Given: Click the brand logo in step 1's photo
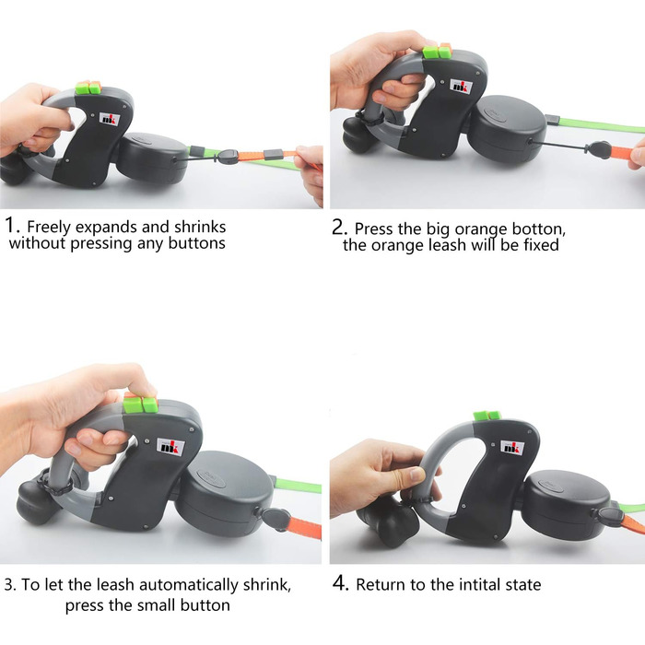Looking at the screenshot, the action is (x=110, y=119).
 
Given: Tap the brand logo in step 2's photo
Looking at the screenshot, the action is (x=461, y=87).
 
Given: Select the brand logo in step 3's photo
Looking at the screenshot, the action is (x=170, y=446).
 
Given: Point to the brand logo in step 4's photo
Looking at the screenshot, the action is (x=512, y=447).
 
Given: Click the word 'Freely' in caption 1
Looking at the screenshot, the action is (x=49, y=228).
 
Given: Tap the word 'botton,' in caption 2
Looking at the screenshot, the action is (x=538, y=229).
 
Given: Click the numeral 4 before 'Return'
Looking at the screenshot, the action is (x=340, y=583).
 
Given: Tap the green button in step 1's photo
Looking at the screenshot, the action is (x=83, y=88).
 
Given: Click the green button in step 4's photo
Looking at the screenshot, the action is (x=481, y=416).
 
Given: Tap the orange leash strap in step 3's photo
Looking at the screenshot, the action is (x=304, y=528).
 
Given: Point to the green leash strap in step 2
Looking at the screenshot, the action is (x=602, y=125).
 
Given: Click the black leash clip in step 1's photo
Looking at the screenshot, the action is (x=227, y=157).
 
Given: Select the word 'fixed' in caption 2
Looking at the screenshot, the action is (x=541, y=245).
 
